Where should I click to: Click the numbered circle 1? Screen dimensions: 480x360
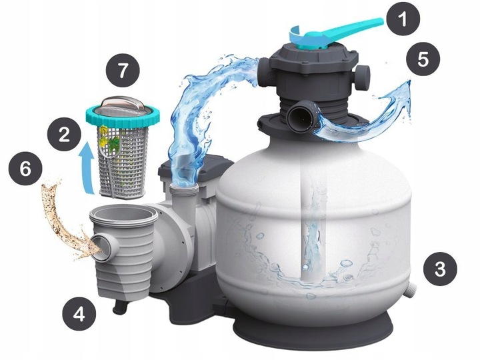tap(403, 19)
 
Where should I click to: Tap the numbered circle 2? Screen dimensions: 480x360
tap(64, 134)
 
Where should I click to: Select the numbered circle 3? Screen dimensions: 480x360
tap(440, 269)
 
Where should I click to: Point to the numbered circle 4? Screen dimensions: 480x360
tap(79, 314)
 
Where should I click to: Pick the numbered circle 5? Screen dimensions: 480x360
tap(423, 59)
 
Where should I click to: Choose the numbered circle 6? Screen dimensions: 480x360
tap(25, 169)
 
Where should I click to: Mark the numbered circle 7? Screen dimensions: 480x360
tap(123, 71)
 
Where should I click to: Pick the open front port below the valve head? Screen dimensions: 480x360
tap(300, 117)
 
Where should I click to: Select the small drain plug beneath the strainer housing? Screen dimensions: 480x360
tap(120, 306)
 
